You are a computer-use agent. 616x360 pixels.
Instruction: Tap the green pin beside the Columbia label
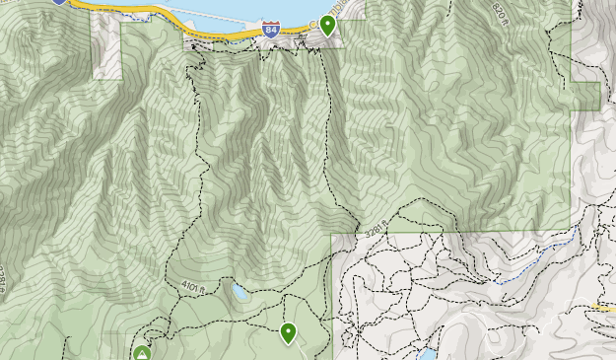[328, 25]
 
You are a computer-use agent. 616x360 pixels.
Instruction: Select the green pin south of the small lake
[288, 332]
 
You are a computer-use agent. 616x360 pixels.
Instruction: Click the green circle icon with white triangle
[142, 352]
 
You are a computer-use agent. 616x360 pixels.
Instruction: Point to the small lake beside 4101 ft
[240, 293]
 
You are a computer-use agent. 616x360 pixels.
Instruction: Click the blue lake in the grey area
[427, 353]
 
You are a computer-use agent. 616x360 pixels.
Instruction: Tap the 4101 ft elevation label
[191, 286]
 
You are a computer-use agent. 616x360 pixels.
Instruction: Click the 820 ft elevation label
[504, 11]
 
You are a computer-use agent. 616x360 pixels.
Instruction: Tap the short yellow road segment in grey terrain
[603, 308]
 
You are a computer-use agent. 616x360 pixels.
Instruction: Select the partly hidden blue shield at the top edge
[59, 2]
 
